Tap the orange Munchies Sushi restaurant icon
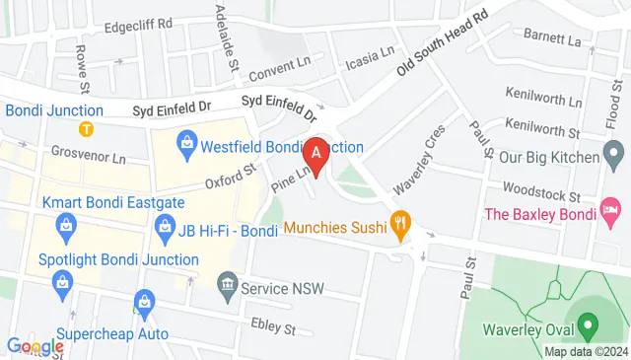(x=399, y=227)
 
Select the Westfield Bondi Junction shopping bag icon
(x=186, y=147)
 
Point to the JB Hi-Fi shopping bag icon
(x=166, y=233)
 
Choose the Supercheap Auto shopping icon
(x=145, y=300)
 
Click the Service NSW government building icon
(x=228, y=287)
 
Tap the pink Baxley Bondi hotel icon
(x=612, y=209)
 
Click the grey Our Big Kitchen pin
(x=613, y=155)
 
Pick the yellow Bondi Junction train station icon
(x=87, y=128)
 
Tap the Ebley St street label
(x=277, y=325)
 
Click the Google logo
(x=35, y=346)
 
